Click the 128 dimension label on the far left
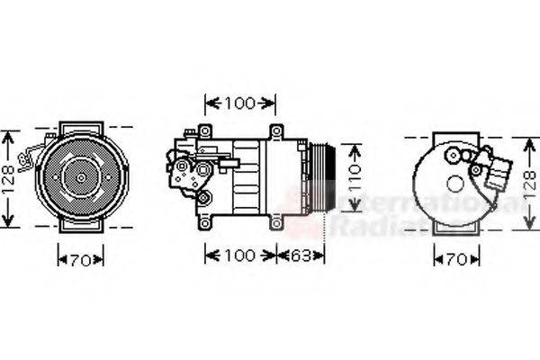click(x=9, y=178)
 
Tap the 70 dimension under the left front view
click(x=81, y=260)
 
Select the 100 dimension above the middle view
click(x=239, y=103)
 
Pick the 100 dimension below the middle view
click(x=239, y=256)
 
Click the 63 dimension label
click(x=302, y=256)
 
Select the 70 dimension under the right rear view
click(x=456, y=260)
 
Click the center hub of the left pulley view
click(x=81, y=178)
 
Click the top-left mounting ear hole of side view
click(x=205, y=131)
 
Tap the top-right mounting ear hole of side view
click(x=276, y=131)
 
